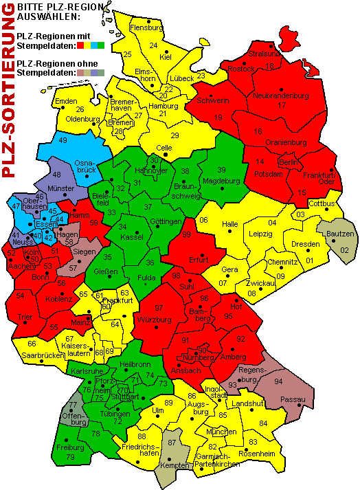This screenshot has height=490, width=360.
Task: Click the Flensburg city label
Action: pos(146,28)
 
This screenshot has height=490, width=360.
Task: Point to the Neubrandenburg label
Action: pos(281,96)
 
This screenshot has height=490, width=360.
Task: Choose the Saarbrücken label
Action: pos(43,355)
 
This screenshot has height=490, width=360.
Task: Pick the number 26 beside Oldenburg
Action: pos(80,109)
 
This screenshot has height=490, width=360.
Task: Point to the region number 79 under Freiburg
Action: pos(69,456)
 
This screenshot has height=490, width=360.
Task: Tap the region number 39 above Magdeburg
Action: pos(221,170)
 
